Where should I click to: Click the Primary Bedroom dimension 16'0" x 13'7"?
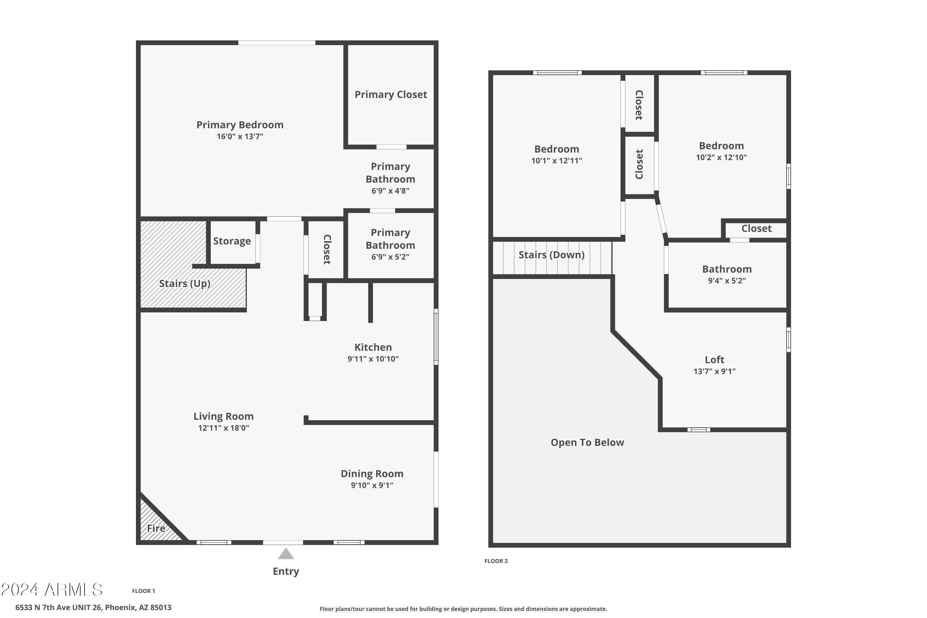240,136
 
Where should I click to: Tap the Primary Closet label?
391,95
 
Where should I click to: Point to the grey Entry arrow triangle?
286,554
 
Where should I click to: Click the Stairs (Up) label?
184,283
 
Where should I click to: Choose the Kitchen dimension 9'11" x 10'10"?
373,359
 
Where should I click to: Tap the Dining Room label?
372,473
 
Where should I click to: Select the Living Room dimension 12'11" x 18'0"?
223,428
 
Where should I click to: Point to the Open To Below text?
587,442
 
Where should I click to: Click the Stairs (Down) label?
551,255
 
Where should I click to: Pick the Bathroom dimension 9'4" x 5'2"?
727,281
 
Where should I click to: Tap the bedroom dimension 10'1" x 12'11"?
557,160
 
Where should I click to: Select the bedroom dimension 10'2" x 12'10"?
721,157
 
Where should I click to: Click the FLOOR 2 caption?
496,561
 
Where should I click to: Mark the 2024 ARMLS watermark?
52,590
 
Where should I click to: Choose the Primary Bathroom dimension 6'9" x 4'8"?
390,191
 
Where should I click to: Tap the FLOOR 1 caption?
143,591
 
